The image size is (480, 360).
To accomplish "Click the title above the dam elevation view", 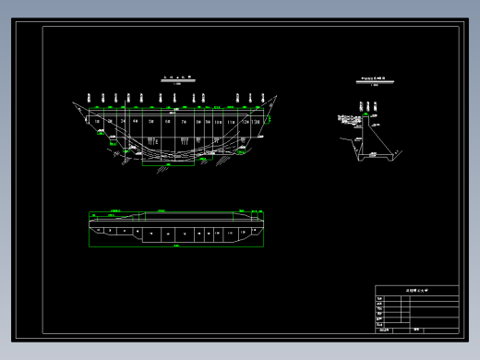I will pyautogui.click(x=175, y=78).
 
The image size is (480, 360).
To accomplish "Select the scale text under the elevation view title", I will pyautogui.click(x=175, y=86).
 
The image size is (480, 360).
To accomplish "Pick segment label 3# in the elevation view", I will pyautogui.click(x=122, y=120).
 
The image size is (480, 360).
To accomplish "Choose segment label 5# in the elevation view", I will pyautogui.click(x=150, y=120).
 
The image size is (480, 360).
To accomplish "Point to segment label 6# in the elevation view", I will pyautogui.click(x=168, y=120).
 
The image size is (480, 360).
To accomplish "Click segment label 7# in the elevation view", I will pyautogui.click(x=185, y=120).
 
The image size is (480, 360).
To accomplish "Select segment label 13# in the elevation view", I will pyautogui.click(x=255, y=120).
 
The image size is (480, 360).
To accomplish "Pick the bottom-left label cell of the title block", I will pyautogui.click(x=384, y=330).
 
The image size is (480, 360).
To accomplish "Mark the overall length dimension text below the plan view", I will pyautogui.click(x=175, y=247).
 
